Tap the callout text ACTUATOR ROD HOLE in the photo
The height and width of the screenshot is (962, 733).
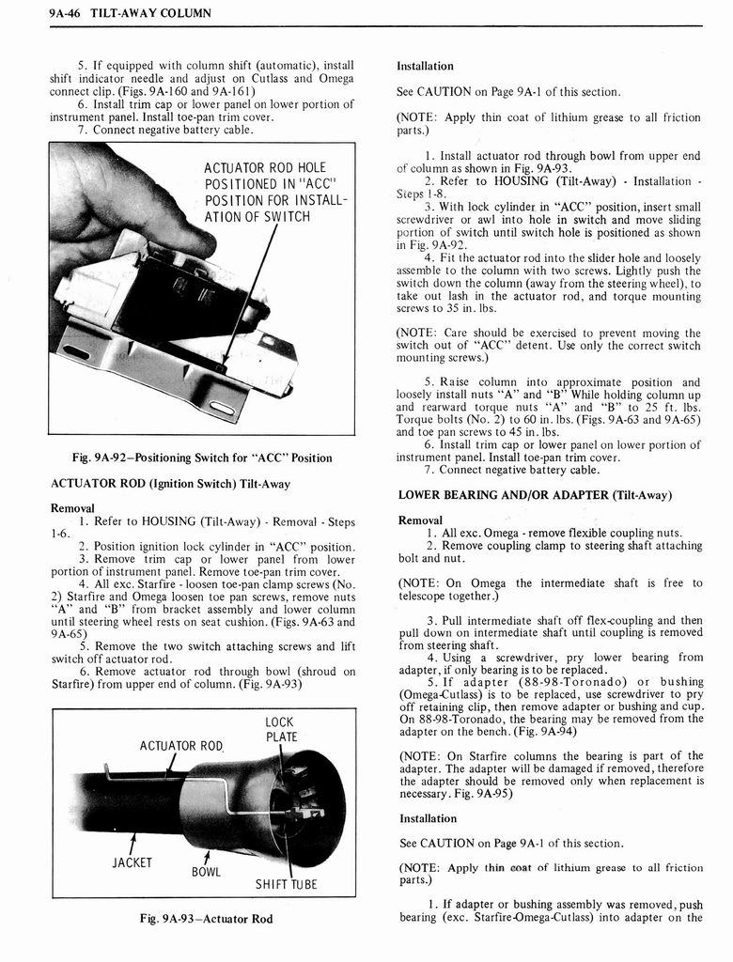(265, 168)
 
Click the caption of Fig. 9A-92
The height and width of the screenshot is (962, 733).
(202, 458)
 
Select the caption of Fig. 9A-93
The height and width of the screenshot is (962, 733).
(202, 918)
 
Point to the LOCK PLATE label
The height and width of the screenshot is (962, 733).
(280, 730)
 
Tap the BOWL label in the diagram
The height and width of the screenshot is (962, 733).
(206, 871)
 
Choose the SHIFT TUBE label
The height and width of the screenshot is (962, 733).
(287, 883)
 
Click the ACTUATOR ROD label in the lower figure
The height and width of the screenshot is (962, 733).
(181, 746)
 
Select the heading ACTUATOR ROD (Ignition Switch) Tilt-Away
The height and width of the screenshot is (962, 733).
(169, 484)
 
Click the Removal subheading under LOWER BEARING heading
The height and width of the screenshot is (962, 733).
(420, 520)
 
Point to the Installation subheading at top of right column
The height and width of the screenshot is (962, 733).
(425, 67)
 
